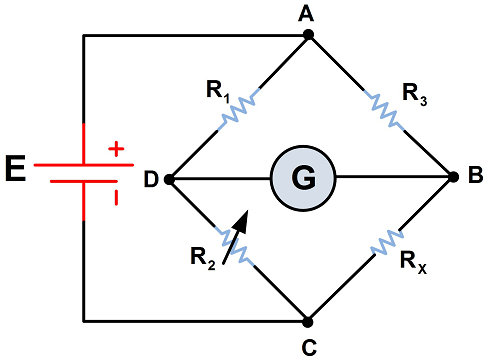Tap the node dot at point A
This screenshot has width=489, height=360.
coord(308,36)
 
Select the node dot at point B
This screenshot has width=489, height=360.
coord(450,179)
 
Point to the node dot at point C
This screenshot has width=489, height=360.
coord(308,322)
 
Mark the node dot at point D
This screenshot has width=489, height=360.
coord(168,179)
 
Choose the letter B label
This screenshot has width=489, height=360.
coord(474,178)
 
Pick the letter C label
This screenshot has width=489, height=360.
coord(308,347)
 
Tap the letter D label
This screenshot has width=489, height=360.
coord(149,179)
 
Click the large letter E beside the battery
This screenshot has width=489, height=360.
coord(16,170)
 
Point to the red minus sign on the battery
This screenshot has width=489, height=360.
coord(116,197)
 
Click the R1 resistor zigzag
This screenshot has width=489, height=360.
coord(239,107)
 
